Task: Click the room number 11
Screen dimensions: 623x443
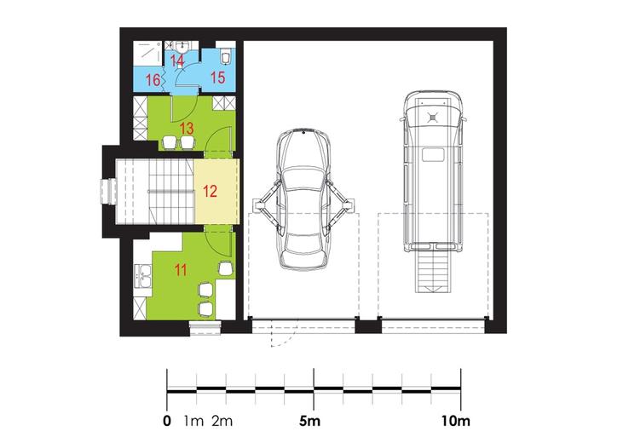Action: pos(181,271)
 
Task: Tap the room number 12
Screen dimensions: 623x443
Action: pos(210,192)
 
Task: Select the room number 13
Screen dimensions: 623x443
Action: pos(187,129)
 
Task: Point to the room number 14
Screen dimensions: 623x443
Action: pos(177,61)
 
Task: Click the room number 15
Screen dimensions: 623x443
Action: pos(217,78)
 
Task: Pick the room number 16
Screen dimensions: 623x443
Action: pos(153,80)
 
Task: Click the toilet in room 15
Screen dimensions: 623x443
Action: pos(225,55)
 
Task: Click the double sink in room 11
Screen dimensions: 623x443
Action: pos(142,275)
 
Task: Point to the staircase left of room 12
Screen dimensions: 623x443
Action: pos(155,192)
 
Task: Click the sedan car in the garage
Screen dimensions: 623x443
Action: pos(304,199)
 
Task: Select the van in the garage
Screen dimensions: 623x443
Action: pos(434,171)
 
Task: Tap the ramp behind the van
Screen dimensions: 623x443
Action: pos(434,273)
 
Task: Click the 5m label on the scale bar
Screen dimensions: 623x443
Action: pos(309,421)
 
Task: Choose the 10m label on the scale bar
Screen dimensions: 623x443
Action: pos(456,421)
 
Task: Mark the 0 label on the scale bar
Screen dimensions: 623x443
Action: pos(167,421)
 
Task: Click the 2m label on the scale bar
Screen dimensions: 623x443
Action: pos(222,421)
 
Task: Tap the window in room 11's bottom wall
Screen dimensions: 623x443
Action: pos(205,328)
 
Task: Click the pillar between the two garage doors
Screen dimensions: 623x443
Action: pos(368,326)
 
